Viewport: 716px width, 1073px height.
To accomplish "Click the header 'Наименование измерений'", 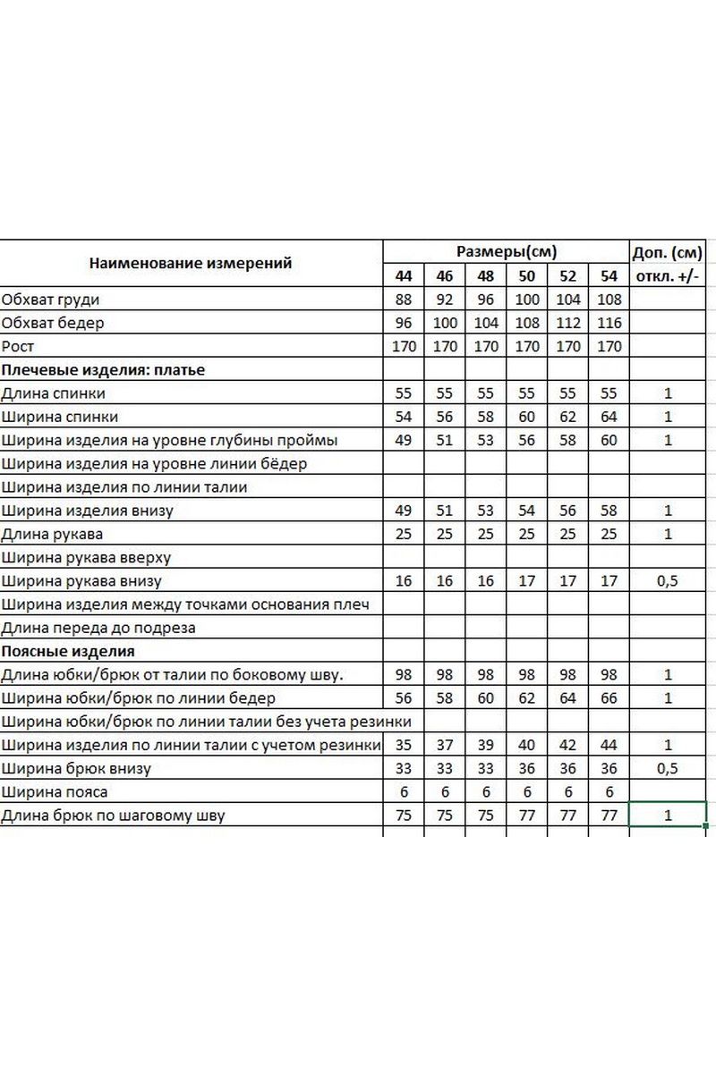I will tap(191, 264).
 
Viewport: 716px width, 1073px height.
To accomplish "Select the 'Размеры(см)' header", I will tap(507, 251).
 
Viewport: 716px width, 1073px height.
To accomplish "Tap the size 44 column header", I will tap(404, 276).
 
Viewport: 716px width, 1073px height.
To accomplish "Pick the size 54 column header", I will tap(609, 276).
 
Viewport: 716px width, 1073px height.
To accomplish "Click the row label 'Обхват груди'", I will tap(50, 300).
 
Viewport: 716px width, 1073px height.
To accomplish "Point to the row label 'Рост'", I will tap(18, 346).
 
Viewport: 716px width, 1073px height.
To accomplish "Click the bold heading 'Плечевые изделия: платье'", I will tap(103, 369).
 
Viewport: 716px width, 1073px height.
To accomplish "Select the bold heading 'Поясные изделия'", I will tap(68, 651).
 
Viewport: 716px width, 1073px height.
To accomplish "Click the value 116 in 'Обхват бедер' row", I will tap(609, 323).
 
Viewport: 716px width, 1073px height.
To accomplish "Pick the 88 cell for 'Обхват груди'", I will tap(404, 300).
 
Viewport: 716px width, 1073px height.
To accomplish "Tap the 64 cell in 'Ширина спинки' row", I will tap(609, 417).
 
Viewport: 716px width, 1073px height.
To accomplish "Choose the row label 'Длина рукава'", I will tap(52, 534).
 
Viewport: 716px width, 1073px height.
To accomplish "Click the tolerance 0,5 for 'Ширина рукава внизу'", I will tap(668, 581).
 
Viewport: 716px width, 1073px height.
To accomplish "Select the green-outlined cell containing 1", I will tap(668, 815).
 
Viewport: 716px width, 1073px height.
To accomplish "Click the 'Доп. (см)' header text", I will tap(668, 251).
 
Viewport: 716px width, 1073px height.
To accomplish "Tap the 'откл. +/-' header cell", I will tap(668, 276).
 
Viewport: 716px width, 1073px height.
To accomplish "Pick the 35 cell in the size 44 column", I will tap(404, 745).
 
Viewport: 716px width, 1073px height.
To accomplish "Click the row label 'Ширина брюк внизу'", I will tap(76, 768).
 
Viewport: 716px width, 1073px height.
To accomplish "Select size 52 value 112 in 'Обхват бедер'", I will tap(568, 323).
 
